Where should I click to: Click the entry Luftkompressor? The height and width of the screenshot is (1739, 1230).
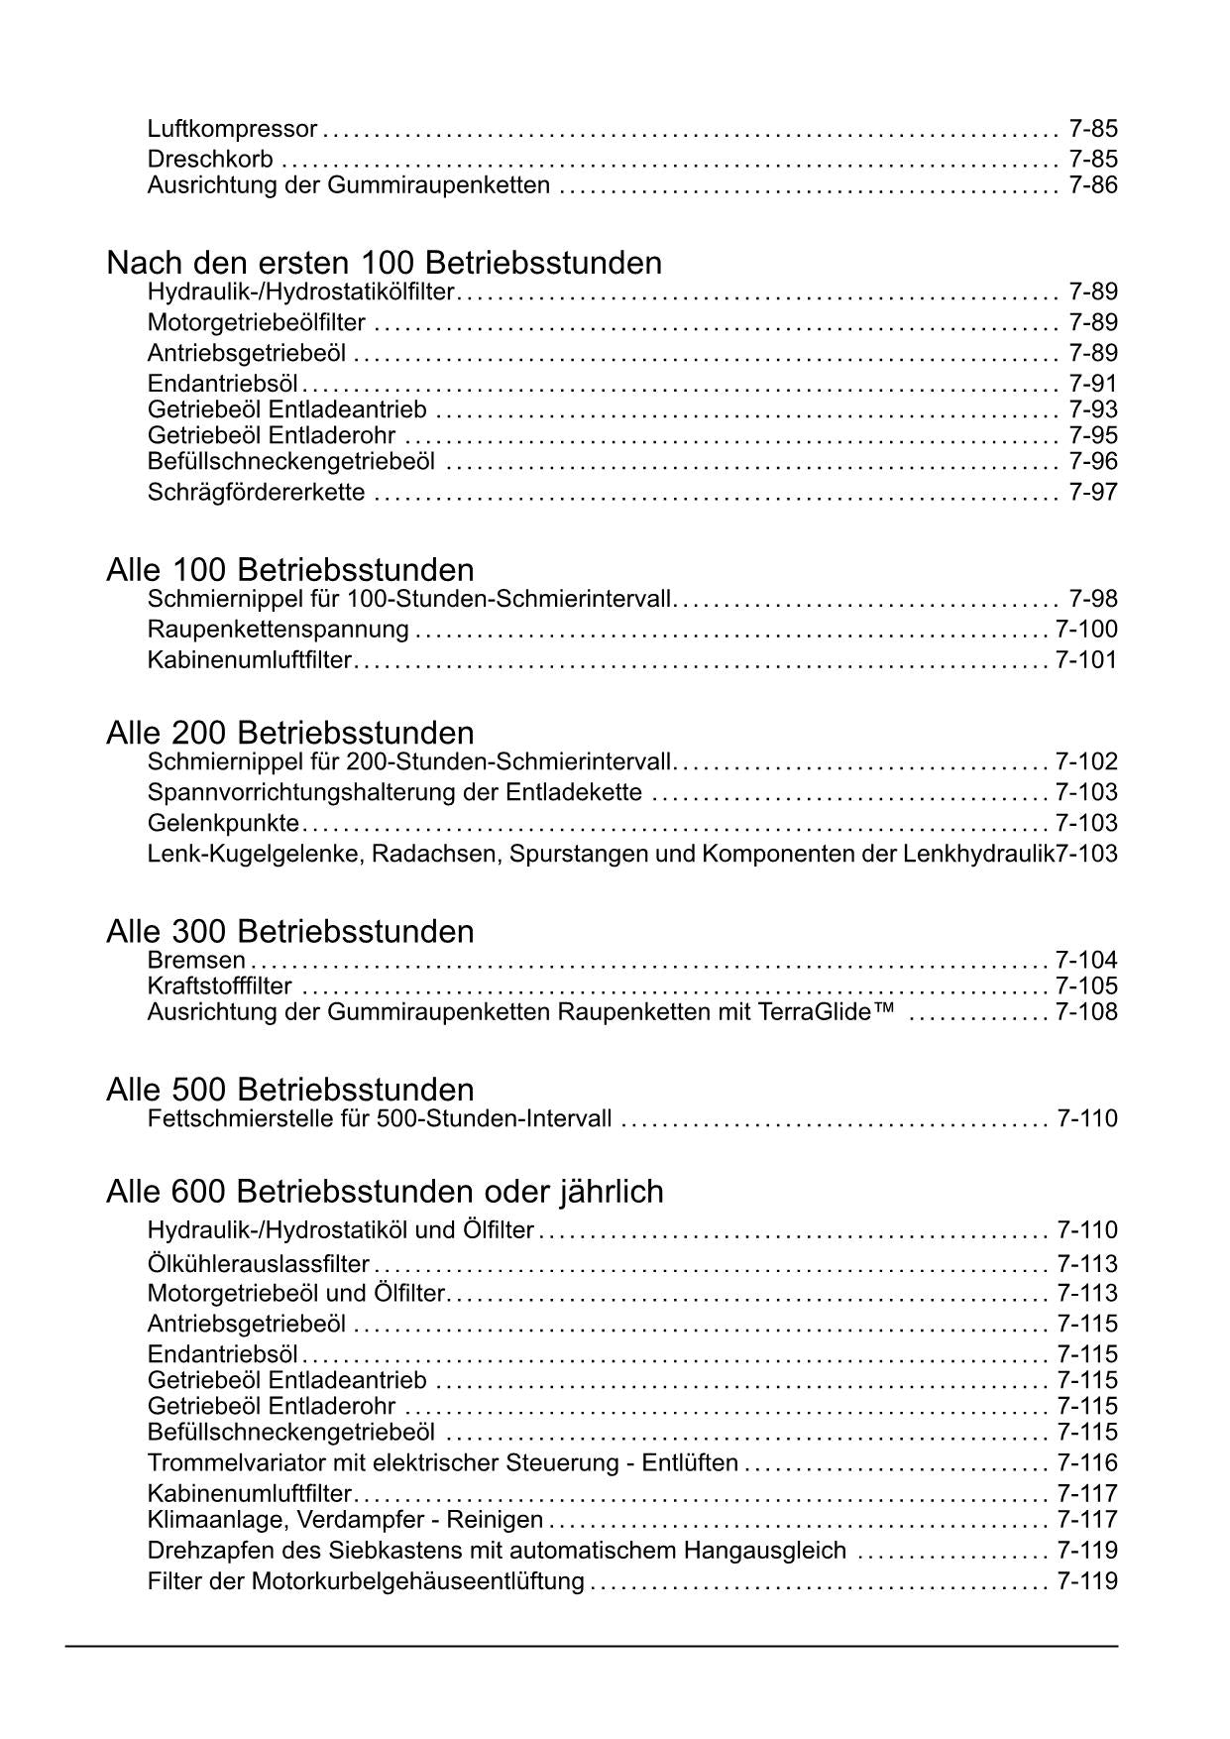click(232, 129)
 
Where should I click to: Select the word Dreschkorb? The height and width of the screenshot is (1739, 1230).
click(210, 160)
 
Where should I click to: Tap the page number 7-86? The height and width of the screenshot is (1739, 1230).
click(1093, 185)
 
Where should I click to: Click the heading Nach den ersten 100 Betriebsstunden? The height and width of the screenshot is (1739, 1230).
click(384, 263)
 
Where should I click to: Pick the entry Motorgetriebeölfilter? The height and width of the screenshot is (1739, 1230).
click(256, 323)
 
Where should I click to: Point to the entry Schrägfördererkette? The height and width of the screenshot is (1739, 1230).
click(256, 493)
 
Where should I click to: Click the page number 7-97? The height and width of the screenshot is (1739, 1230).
click(1093, 493)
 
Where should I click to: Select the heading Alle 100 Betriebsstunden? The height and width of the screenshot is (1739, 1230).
click(289, 570)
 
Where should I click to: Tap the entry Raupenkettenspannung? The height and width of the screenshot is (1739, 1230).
click(278, 630)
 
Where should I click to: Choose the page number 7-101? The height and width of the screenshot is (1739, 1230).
click(1086, 660)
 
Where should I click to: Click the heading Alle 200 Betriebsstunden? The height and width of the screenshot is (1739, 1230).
click(289, 734)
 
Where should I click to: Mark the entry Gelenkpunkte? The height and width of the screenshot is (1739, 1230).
click(223, 824)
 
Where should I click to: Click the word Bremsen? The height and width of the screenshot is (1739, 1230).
click(196, 961)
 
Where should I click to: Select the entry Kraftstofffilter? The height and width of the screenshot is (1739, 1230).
click(219, 986)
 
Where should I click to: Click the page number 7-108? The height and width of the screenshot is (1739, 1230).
click(1086, 1012)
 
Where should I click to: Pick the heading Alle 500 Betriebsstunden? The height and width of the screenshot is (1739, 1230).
click(289, 1091)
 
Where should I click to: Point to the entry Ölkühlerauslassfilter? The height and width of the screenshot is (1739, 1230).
click(258, 1265)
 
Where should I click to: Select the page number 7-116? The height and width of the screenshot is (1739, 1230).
click(1086, 1463)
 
